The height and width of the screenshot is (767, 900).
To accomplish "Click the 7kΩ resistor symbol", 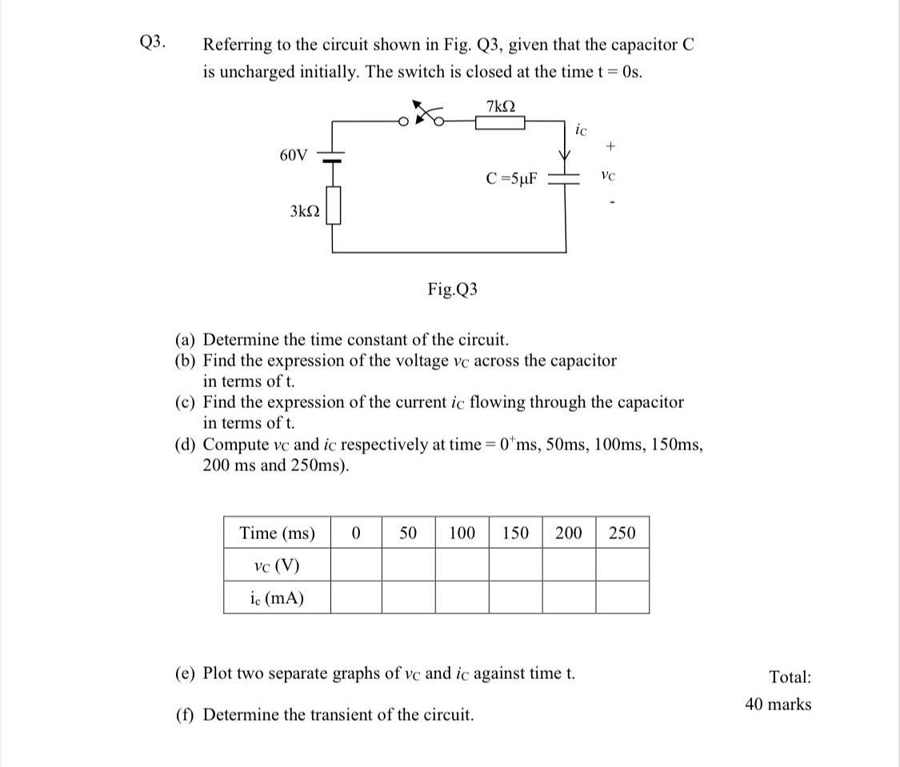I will pyautogui.click(x=500, y=122).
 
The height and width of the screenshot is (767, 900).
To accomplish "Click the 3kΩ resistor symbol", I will pyautogui.click(x=333, y=206).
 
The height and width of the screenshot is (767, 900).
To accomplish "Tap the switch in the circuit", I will pyautogui.click(x=425, y=115).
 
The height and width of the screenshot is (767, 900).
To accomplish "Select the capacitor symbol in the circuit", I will pyautogui.click(x=566, y=179).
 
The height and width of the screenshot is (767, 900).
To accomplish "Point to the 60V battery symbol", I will pyautogui.click(x=333, y=156).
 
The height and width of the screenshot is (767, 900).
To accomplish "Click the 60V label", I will pyautogui.click(x=294, y=154).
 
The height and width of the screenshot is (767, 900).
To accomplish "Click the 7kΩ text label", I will pyautogui.click(x=500, y=105).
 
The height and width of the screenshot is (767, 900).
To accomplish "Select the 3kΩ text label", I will pyautogui.click(x=305, y=211).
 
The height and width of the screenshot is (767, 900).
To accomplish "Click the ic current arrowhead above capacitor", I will pyautogui.click(x=566, y=154).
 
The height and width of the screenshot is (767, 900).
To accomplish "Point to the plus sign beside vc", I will pyautogui.click(x=611, y=147).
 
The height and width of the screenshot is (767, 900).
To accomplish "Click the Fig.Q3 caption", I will pyautogui.click(x=453, y=290).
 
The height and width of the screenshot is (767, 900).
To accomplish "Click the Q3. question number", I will pyautogui.click(x=153, y=42).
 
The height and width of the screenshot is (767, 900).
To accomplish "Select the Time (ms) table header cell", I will pyautogui.click(x=277, y=533).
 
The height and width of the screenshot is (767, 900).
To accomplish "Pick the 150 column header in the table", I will pyautogui.click(x=515, y=533).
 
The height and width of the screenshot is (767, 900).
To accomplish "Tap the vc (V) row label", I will pyautogui.click(x=276, y=565).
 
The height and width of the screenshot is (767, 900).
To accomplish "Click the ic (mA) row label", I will pyautogui.click(x=277, y=597).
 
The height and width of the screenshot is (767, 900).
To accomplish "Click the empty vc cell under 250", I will pyautogui.click(x=622, y=565).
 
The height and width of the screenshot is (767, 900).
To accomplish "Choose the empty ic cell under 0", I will pyautogui.click(x=356, y=597).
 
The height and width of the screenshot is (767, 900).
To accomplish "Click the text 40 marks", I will pyautogui.click(x=778, y=705).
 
